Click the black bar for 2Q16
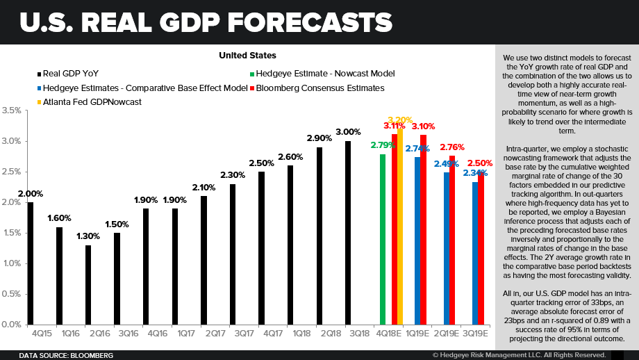point(88,284)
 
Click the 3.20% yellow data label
point(400,120)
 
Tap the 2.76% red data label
point(452,147)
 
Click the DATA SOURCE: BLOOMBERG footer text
point(66,355)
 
